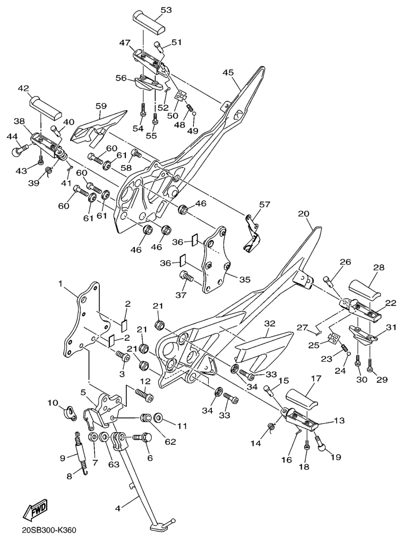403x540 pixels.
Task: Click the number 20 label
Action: (303, 214)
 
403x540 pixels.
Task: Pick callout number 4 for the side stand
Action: (117, 508)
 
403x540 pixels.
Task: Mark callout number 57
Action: (265, 204)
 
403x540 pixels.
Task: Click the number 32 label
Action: (270, 323)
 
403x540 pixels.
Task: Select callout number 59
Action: (101, 106)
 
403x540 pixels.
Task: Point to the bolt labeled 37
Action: (187, 277)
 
